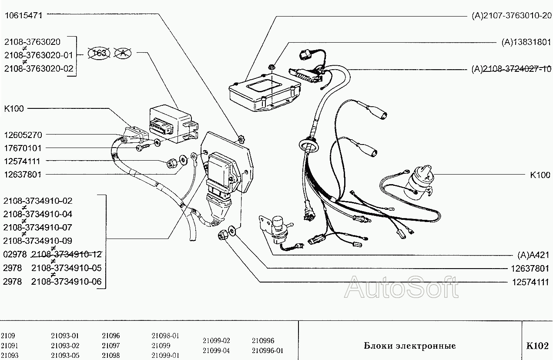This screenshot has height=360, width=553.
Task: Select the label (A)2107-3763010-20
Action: [511, 16]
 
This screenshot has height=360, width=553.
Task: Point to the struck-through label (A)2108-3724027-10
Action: [511, 69]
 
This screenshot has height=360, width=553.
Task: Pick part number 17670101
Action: [22, 148]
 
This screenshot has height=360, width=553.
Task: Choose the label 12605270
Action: [23, 135]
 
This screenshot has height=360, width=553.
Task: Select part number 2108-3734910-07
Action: [38, 228]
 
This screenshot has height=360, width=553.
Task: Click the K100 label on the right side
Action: [540, 175]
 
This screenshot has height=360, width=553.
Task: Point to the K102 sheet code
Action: [537, 346]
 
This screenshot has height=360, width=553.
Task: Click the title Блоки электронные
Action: [409, 346]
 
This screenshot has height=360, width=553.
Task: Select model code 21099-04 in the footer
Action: [216, 350]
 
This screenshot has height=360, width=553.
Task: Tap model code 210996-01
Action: [267, 350]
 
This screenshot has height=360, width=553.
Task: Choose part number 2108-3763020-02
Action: [39, 69]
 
